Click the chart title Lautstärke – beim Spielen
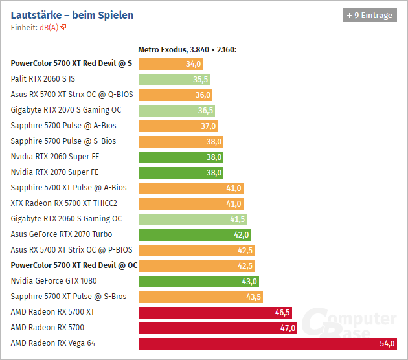[73, 14]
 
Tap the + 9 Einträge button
[369, 15]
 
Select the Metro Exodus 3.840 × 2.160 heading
[188, 49]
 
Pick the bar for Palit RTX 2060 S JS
[175, 79]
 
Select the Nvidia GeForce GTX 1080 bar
[199, 281]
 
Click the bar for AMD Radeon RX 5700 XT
[216, 312]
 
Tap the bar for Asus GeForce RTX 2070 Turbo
[194, 234]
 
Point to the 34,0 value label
[193, 63]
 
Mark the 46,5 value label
[282, 312]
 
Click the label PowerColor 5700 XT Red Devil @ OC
[74, 265]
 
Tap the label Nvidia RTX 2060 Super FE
[55, 157]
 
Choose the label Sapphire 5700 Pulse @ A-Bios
[63, 126]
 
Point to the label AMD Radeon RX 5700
[47, 328]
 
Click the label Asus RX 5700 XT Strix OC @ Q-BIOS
[72, 95]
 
